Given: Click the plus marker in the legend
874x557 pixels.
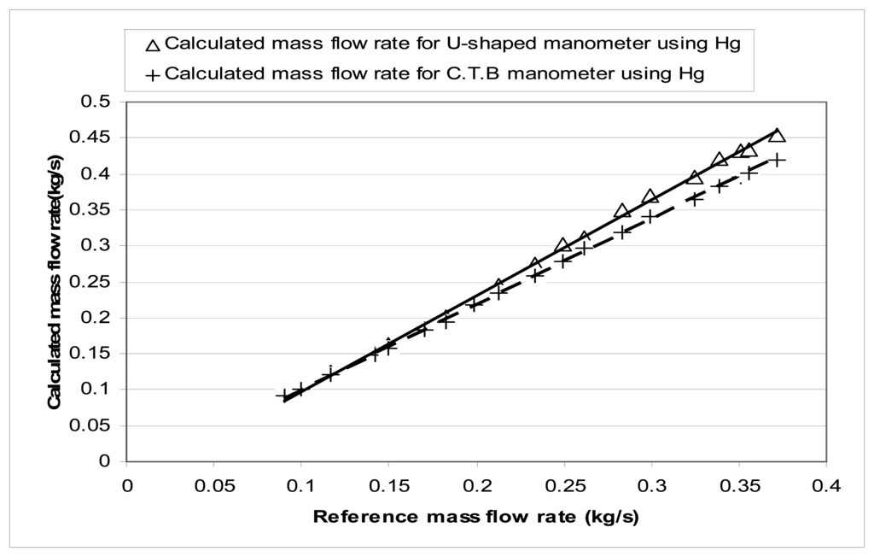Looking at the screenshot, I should [153, 74].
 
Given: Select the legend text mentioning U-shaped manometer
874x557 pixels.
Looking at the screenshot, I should [452, 44].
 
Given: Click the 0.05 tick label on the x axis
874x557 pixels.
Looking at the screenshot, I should [214, 486].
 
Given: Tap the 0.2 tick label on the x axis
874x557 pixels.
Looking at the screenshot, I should [477, 486].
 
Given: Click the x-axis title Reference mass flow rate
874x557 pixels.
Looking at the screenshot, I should [476, 517].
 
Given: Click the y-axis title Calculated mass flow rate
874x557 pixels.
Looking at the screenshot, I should [55, 282].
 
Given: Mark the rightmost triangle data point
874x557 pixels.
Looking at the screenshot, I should [777, 136].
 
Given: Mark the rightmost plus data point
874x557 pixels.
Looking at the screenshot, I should [778, 160].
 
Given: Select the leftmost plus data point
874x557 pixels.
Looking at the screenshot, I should [284, 396].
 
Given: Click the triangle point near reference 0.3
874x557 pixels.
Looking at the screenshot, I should [650, 196].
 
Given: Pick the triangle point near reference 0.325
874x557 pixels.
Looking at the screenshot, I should [695, 177].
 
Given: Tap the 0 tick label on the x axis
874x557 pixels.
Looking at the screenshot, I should [126, 486].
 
